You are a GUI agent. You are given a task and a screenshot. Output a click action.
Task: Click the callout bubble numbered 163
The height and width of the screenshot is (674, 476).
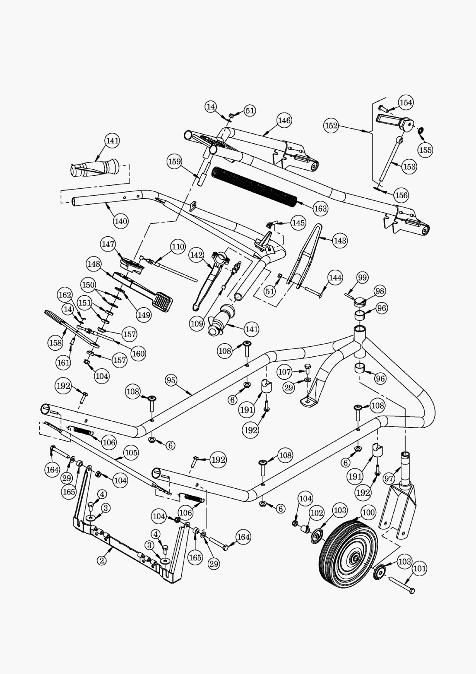[321, 208]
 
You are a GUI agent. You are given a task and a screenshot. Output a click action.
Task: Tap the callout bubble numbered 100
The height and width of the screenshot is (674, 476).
[368, 513]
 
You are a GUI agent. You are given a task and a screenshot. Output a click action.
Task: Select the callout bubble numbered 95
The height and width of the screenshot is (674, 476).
[171, 381]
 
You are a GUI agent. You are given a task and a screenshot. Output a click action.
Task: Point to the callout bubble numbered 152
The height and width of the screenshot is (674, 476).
[331, 126]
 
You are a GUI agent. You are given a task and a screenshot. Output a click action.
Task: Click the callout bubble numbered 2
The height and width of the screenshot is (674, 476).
[102, 560]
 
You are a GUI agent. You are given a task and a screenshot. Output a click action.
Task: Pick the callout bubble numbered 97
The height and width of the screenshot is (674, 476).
[389, 479]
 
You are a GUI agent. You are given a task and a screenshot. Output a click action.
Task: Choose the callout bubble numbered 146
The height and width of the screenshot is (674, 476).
[284, 120]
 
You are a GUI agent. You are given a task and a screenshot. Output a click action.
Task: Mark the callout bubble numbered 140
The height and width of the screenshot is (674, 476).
[121, 221]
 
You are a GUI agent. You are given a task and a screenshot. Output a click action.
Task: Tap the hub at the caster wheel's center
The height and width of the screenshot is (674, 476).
[356, 559]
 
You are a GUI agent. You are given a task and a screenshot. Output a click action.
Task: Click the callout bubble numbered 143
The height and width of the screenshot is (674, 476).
[340, 240]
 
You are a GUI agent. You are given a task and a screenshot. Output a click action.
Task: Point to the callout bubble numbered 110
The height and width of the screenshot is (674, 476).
[177, 247]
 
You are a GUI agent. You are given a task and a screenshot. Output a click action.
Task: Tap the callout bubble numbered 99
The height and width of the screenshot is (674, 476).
[362, 277]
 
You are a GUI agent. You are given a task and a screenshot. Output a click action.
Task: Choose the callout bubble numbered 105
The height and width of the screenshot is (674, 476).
[131, 453]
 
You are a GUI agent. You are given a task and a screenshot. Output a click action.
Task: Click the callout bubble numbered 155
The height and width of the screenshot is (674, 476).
[425, 150]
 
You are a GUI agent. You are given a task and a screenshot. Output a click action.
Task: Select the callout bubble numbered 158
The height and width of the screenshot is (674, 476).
[55, 343]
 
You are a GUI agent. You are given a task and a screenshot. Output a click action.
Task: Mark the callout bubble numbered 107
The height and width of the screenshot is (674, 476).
[285, 372]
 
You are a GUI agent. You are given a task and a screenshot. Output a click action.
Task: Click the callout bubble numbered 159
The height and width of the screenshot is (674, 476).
[174, 161]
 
